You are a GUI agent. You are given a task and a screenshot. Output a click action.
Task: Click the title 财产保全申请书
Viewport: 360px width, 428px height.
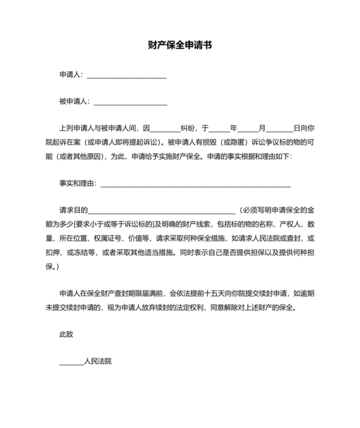[x=179, y=46]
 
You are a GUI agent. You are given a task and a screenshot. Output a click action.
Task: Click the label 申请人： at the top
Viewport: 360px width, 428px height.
[x=71, y=75]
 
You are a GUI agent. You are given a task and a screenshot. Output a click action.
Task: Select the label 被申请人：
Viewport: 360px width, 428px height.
[x=75, y=102]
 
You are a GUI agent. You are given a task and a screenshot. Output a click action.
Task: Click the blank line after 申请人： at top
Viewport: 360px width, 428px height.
[x=126, y=75]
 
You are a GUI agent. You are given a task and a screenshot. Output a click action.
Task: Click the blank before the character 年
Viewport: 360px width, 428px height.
[x=219, y=128]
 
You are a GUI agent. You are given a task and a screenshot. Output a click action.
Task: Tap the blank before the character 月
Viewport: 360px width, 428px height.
[x=248, y=128]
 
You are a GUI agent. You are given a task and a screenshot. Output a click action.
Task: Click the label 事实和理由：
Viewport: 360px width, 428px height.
[x=78, y=183]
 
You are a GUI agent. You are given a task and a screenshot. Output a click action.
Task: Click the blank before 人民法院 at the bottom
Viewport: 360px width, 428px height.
[x=71, y=362]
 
